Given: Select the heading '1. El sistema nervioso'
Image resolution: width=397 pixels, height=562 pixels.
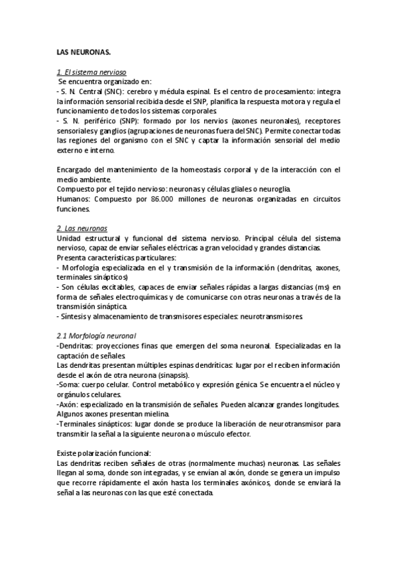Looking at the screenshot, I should (x=91, y=72).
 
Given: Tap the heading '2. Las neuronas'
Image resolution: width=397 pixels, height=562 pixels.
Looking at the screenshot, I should (x=82, y=228).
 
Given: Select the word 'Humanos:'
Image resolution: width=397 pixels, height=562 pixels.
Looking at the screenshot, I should (x=74, y=199).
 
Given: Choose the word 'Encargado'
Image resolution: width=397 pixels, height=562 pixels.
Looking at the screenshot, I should (x=77, y=170).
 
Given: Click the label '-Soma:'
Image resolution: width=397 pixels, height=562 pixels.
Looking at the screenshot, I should (x=71, y=385).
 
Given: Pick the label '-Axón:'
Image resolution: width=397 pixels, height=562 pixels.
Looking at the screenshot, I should (x=71, y=405).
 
